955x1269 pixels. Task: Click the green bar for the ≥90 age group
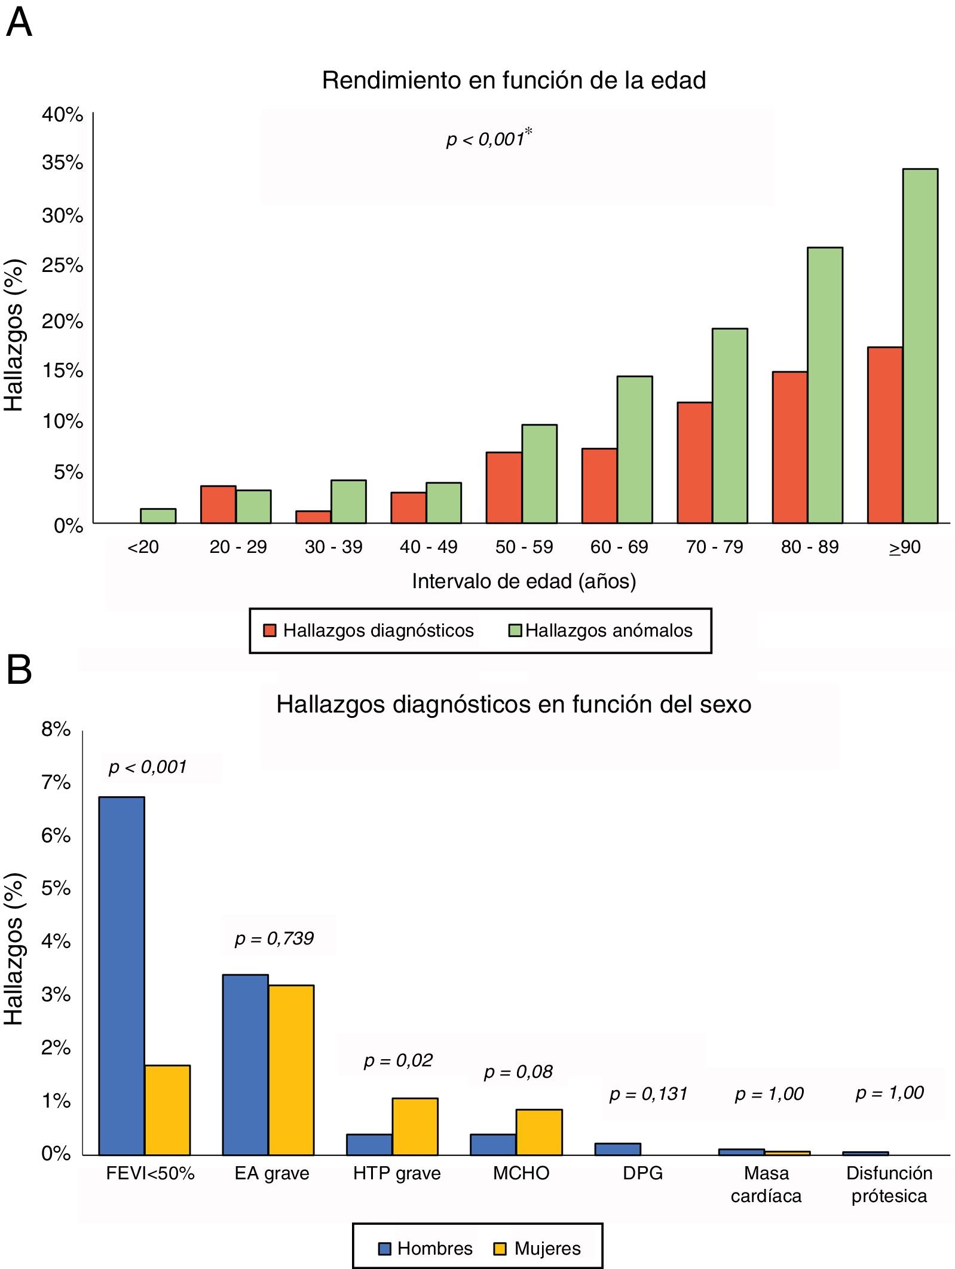(x=920, y=346)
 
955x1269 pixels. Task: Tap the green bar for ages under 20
(x=158, y=516)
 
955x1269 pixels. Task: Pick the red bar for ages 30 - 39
(x=313, y=517)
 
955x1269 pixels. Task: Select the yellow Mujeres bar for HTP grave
(x=415, y=1126)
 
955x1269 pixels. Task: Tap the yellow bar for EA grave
(x=291, y=1070)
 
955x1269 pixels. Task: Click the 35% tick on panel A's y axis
(x=62, y=163)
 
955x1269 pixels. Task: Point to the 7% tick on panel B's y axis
(x=56, y=782)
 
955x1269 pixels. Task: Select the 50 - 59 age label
(x=524, y=547)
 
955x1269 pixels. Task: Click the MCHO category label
(x=521, y=1173)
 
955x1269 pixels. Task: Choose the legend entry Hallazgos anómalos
(x=601, y=631)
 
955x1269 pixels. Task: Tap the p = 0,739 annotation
(x=274, y=938)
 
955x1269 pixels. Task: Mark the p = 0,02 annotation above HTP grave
(x=398, y=1060)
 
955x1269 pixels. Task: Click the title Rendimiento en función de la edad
(x=514, y=80)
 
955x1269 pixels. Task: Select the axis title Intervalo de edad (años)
(x=524, y=581)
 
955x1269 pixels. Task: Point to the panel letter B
(x=19, y=671)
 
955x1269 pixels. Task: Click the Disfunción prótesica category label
(x=889, y=1184)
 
